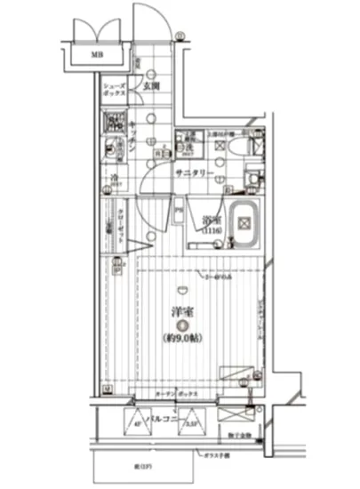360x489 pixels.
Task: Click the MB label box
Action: pos(93,55)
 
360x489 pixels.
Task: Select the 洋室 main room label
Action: pos(182,312)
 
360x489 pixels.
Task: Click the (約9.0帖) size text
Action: pos(182,338)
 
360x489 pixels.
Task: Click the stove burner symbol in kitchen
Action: pos(115,124)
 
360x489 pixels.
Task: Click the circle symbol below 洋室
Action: pos(182,325)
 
